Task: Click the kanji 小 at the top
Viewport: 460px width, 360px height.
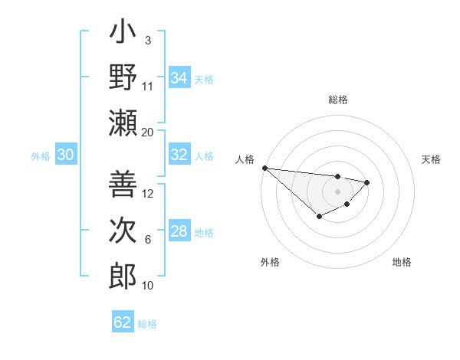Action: [123, 34]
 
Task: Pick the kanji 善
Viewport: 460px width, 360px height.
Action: [123, 184]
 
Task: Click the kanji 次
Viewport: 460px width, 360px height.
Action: [123, 230]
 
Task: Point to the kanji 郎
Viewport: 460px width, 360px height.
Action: [123, 275]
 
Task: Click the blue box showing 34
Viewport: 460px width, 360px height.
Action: [179, 78]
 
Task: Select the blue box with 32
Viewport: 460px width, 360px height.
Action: [179, 155]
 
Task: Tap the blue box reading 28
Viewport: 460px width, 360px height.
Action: [179, 231]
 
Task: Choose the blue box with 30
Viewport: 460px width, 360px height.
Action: [65, 155]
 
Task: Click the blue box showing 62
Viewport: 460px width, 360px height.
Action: [122, 322]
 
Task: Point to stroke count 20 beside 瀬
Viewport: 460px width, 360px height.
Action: [148, 132]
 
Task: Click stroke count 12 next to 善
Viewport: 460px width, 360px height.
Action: [148, 194]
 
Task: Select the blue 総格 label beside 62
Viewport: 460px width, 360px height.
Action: [147, 324]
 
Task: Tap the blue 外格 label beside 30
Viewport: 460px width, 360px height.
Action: [41, 156]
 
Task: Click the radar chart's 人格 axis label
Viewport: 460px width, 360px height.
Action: [245, 159]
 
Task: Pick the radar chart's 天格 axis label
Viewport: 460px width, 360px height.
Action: [431, 159]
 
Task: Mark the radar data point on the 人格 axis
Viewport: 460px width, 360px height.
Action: [264, 168]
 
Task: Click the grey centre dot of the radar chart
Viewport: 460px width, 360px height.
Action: [337, 191]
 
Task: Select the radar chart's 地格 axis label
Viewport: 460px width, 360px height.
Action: [402, 263]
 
